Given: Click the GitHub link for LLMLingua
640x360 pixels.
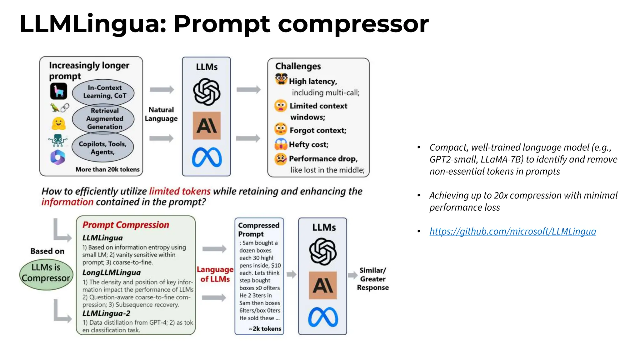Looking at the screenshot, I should [512, 231].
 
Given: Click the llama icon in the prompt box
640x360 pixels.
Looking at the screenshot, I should [59, 91].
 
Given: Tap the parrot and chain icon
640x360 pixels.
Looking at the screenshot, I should [60, 108].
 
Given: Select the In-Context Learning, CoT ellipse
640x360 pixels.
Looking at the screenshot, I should [103, 92].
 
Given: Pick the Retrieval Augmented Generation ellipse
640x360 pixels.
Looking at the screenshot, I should [103, 119].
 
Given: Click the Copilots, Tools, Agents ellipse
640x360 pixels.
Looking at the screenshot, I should [103, 148].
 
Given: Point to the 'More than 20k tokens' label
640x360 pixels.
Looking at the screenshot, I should [107, 169].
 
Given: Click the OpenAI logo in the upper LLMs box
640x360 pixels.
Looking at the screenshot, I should [207, 92].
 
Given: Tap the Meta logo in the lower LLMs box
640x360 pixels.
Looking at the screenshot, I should [323, 317].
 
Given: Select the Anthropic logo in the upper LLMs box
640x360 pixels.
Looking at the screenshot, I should [207, 126].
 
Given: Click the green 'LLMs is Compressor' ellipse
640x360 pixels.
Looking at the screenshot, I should [46, 273].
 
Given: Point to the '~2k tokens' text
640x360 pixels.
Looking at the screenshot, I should [265, 329].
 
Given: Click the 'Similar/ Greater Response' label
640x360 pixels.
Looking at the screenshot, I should [372, 279].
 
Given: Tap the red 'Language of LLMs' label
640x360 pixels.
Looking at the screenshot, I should [215, 274].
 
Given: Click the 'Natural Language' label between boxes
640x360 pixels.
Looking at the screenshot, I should [161, 114].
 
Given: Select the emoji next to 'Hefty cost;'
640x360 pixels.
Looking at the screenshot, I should [281, 144].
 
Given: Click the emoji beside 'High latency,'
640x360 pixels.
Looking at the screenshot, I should [281, 79].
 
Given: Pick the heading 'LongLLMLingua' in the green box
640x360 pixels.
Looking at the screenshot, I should [112, 272].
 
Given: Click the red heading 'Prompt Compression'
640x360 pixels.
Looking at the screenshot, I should [126, 225].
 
